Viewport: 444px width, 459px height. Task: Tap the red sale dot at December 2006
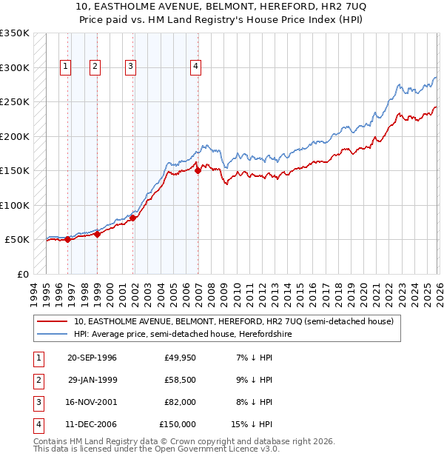pos(198,170)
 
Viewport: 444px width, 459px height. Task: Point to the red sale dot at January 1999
pos(97,234)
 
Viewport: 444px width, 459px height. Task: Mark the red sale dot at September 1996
pos(67,239)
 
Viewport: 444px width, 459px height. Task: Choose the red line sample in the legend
pos(53,321)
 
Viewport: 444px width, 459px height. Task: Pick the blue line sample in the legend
pos(53,334)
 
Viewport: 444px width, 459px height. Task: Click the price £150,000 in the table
pos(178,424)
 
